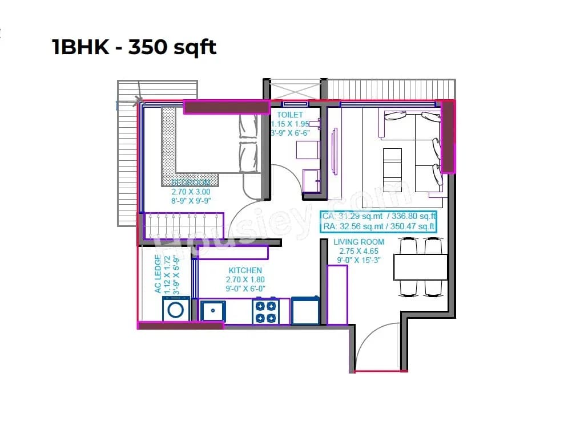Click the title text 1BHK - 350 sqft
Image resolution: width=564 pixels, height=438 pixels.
pos(134,47)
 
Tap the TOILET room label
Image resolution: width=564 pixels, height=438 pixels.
pos(289,115)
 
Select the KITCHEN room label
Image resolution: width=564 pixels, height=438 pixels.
pos(245,270)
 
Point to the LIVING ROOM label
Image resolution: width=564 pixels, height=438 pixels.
pos(358,242)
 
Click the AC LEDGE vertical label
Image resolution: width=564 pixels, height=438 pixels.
pos(158,275)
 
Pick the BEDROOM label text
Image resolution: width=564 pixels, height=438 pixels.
pos(191,182)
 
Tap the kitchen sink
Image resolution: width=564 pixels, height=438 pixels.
pos(213,311)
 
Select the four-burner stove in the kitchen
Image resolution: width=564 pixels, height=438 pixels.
pos(265,311)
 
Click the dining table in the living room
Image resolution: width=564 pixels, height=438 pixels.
pos(420,267)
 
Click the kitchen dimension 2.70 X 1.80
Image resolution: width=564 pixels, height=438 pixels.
pos(245,279)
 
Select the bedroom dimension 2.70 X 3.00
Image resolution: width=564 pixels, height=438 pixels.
pos(191,192)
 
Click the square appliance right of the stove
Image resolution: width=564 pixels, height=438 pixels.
pos(306,311)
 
